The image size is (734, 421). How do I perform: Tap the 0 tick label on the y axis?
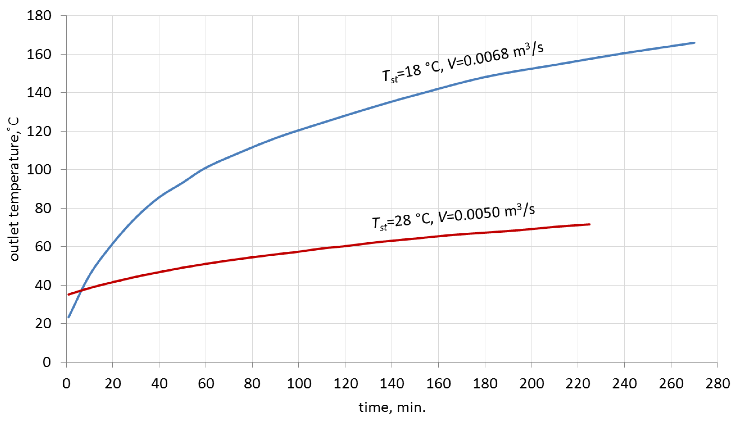(x=47, y=362)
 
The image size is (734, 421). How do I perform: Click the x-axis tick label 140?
(x=392, y=384)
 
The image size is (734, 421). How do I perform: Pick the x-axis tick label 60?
(x=206, y=384)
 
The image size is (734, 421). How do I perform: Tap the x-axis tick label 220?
(x=578, y=384)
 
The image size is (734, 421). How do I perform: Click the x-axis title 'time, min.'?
(x=392, y=408)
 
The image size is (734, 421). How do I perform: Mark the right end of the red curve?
(x=589, y=224)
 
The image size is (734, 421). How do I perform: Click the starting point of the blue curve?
(x=69, y=317)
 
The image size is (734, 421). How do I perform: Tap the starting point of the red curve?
(x=69, y=295)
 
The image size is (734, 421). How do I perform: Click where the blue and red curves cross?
(x=82, y=290)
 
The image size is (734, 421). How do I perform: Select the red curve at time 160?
(x=438, y=236)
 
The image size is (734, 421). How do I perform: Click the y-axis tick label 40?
(x=43, y=285)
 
